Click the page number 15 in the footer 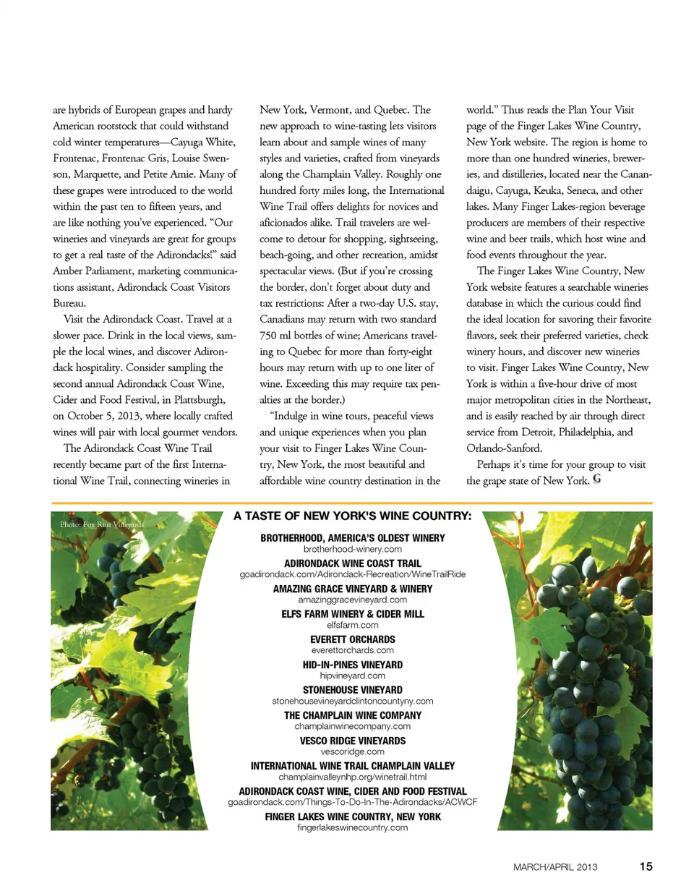pyautogui.click(x=646, y=866)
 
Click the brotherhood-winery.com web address pyautogui.click(x=352, y=549)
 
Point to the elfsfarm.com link pyautogui.click(x=352, y=625)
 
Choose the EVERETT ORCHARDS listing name pyautogui.click(x=352, y=640)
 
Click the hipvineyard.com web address pyautogui.click(x=352, y=675)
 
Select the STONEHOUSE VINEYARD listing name pyautogui.click(x=352, y=691)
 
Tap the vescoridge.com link pyautogui.click(x=352, y=751)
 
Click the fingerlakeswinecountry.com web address pyautogui.click(x=352, y=827)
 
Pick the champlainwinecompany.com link pyautogui.click(x=352, y=726)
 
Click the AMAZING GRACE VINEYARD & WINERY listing pyautogui.click(x=352, y=589)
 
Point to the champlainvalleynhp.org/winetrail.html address pyautogui.click(x=352, y=777)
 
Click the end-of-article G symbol pyautogui.click(x=597, y=478)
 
